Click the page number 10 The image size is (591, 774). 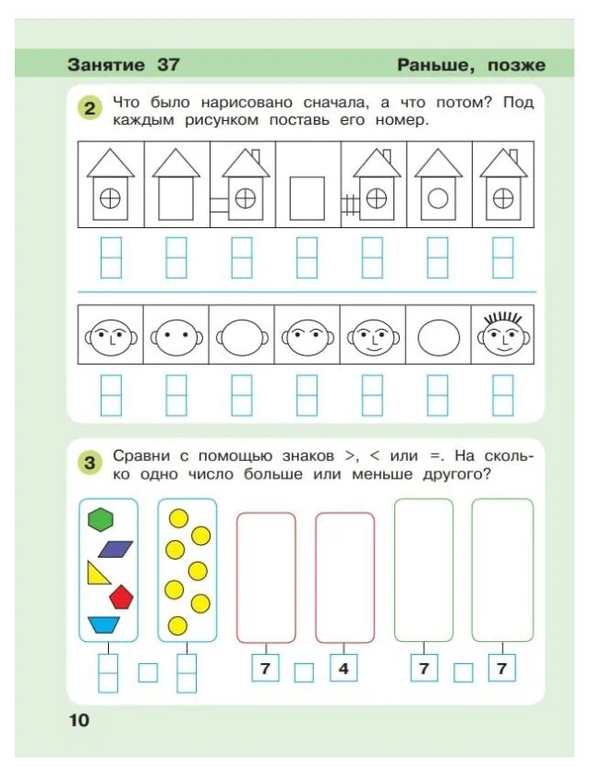click(x=78, y=720)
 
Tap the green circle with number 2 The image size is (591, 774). click(x=89, y=110)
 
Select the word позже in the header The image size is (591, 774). click(x=511, y=65)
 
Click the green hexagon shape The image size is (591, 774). click(x=100, y=520)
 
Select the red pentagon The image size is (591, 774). click(x=121, y=597)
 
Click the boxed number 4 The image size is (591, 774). click(x=343, y=669)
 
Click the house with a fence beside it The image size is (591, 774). click(x=374, y=184)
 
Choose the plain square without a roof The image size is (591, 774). click(x=308, y=196)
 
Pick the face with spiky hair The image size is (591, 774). click(x=503, y=337)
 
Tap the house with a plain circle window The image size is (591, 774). click(x=439, y=184)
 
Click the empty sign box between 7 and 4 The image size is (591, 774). click(x=304, y=671)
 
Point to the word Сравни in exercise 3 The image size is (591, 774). click(x=138, y=455)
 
